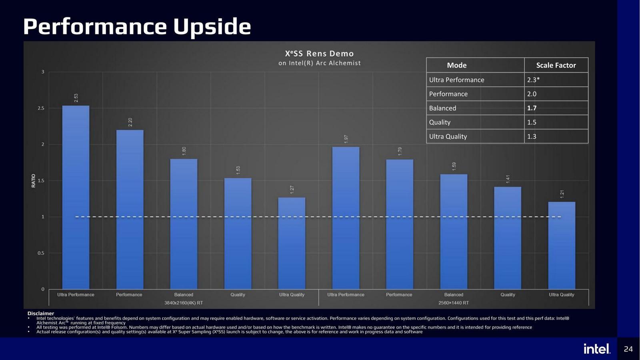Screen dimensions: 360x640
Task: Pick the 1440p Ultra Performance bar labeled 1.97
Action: [346, 218]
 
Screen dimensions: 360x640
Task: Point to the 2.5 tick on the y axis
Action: [41, 108]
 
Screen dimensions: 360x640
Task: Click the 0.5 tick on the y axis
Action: [41, 253]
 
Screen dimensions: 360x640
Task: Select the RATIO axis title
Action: [34, 180]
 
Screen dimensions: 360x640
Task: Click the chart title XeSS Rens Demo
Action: [319, 54]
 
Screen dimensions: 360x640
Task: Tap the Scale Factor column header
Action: [556, 65]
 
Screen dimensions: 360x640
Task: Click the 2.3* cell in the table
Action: [533, 80]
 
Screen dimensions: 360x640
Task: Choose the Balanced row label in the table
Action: [442, 108]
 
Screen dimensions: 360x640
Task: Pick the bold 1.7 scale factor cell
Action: [532, 108]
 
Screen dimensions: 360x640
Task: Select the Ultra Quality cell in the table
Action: [448, 136]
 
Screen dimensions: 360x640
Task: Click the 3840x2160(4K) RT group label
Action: [184, 303]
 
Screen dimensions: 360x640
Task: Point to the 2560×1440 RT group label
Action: [454, 303]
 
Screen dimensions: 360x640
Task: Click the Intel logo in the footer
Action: [597, 349]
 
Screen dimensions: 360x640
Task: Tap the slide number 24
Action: [628, 349]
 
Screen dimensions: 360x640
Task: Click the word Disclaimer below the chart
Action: [41, 314]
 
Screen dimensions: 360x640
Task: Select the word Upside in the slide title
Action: [212, 27]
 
